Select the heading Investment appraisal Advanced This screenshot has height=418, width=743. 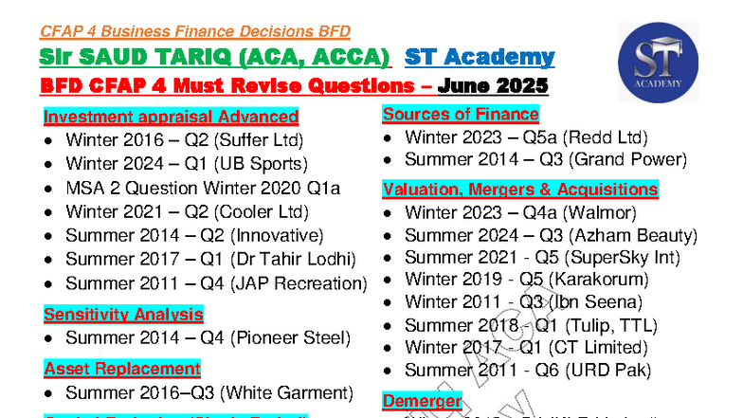[171, 118]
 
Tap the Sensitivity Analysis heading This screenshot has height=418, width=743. [123, 315]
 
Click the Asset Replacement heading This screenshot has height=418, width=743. [122, 369]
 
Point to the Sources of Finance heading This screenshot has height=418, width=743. [461, 115]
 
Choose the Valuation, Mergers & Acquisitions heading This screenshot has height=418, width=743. [520, 190]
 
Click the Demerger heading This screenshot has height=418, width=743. [422, 401]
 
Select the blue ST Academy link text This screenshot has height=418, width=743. [479, 57]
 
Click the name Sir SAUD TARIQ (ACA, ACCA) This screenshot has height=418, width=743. [215, 57]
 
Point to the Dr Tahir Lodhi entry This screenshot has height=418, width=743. [210, 260]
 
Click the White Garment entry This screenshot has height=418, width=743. [208, 392]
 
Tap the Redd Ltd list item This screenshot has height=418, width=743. [526, 137]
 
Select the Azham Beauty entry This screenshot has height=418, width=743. [551, 235]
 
